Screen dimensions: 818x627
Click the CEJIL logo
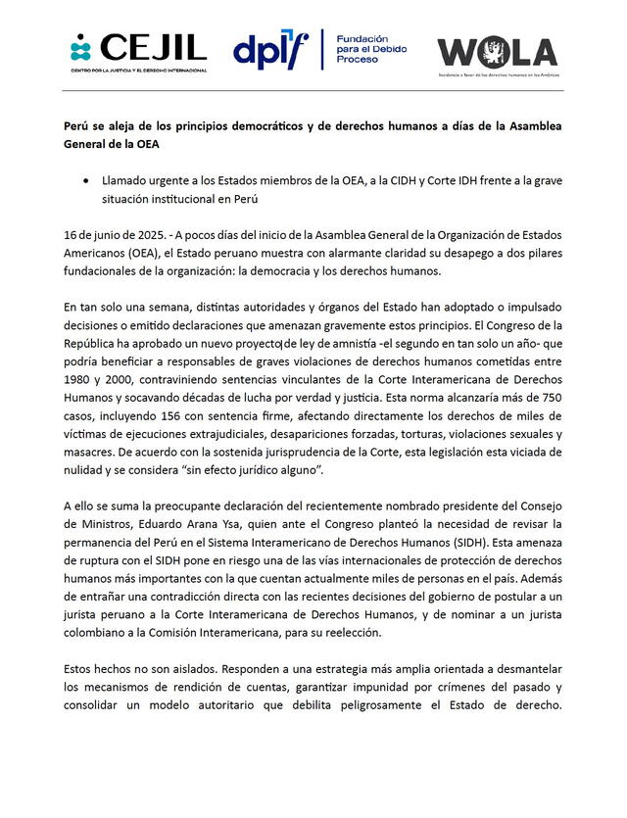click(137, 50)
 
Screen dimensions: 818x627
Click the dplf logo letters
click(269, 50)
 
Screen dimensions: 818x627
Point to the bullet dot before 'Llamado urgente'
click(90, 181)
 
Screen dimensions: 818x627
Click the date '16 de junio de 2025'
click(104, 237)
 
